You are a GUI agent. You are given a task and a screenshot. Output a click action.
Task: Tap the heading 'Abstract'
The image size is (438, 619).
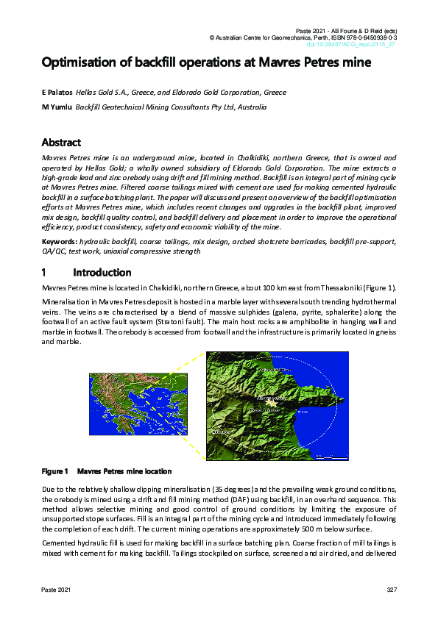click(61, 143)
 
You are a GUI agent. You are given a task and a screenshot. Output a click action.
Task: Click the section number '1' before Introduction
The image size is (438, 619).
click(45, 273)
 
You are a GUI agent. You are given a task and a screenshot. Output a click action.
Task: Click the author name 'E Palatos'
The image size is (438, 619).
click(60, 93)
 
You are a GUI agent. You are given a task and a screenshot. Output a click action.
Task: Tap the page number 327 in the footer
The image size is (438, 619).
click(391, 590)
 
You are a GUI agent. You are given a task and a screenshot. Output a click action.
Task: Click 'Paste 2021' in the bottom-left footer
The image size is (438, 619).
click(56, 590)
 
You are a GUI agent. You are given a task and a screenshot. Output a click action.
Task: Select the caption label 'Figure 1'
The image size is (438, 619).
click(54, 471)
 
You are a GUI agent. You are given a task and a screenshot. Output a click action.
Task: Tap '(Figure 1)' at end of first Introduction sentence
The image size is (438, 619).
click(380, 287)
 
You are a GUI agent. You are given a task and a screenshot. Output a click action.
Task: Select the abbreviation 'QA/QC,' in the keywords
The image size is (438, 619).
click(54, 251)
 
